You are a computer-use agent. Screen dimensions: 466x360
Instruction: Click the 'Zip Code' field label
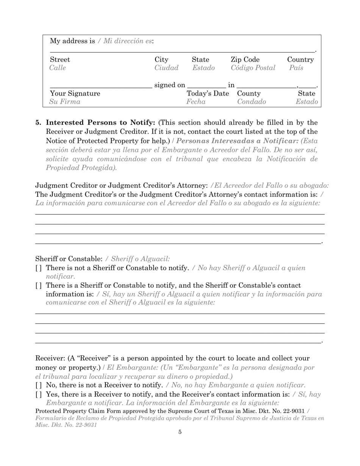pos(245,59)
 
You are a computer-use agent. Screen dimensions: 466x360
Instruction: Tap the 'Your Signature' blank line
pos(101,87)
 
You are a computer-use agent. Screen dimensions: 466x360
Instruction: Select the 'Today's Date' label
pos(208,93)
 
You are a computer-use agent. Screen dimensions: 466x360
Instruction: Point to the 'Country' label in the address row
pos(300,59)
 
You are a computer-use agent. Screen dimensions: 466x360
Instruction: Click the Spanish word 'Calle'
pos(58,68)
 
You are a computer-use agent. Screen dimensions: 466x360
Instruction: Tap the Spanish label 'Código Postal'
pos(253,68)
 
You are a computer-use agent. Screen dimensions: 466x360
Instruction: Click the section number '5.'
pos(38,122)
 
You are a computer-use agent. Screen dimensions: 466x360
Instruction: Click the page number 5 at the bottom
pos(180,432)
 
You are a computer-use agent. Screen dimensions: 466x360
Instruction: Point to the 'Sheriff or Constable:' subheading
pos(69,259)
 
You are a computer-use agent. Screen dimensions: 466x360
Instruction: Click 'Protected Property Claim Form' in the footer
pos(78,411)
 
